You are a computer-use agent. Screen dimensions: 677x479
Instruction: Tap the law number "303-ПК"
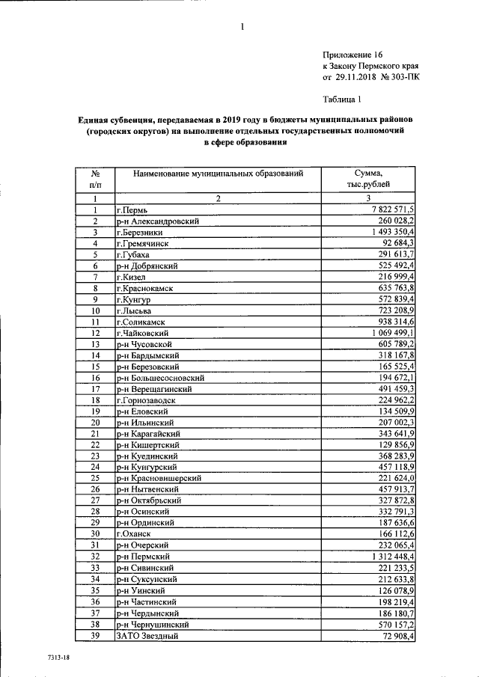tap(402, 76)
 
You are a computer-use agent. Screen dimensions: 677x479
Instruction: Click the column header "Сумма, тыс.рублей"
tap(369, 179)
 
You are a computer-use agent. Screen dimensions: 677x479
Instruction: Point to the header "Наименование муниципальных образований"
tap(218, 174)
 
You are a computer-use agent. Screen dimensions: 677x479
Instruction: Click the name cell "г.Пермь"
tap(133, 210)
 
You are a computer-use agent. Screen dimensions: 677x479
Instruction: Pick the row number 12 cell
tap(96, 333)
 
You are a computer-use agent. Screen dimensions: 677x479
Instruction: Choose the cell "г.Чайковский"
tap(141, 333)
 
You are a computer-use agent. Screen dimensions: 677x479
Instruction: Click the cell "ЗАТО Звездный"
tap(146, 635)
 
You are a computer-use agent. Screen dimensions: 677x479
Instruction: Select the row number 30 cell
tap(96, 534)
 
